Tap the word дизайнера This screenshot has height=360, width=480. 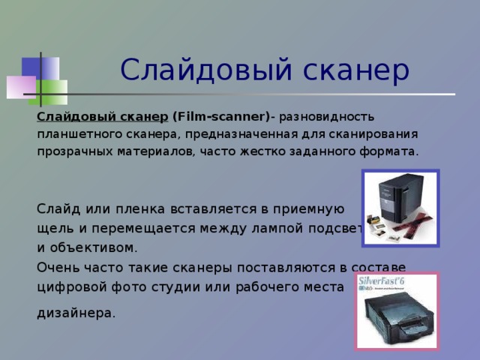click(76, 313)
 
